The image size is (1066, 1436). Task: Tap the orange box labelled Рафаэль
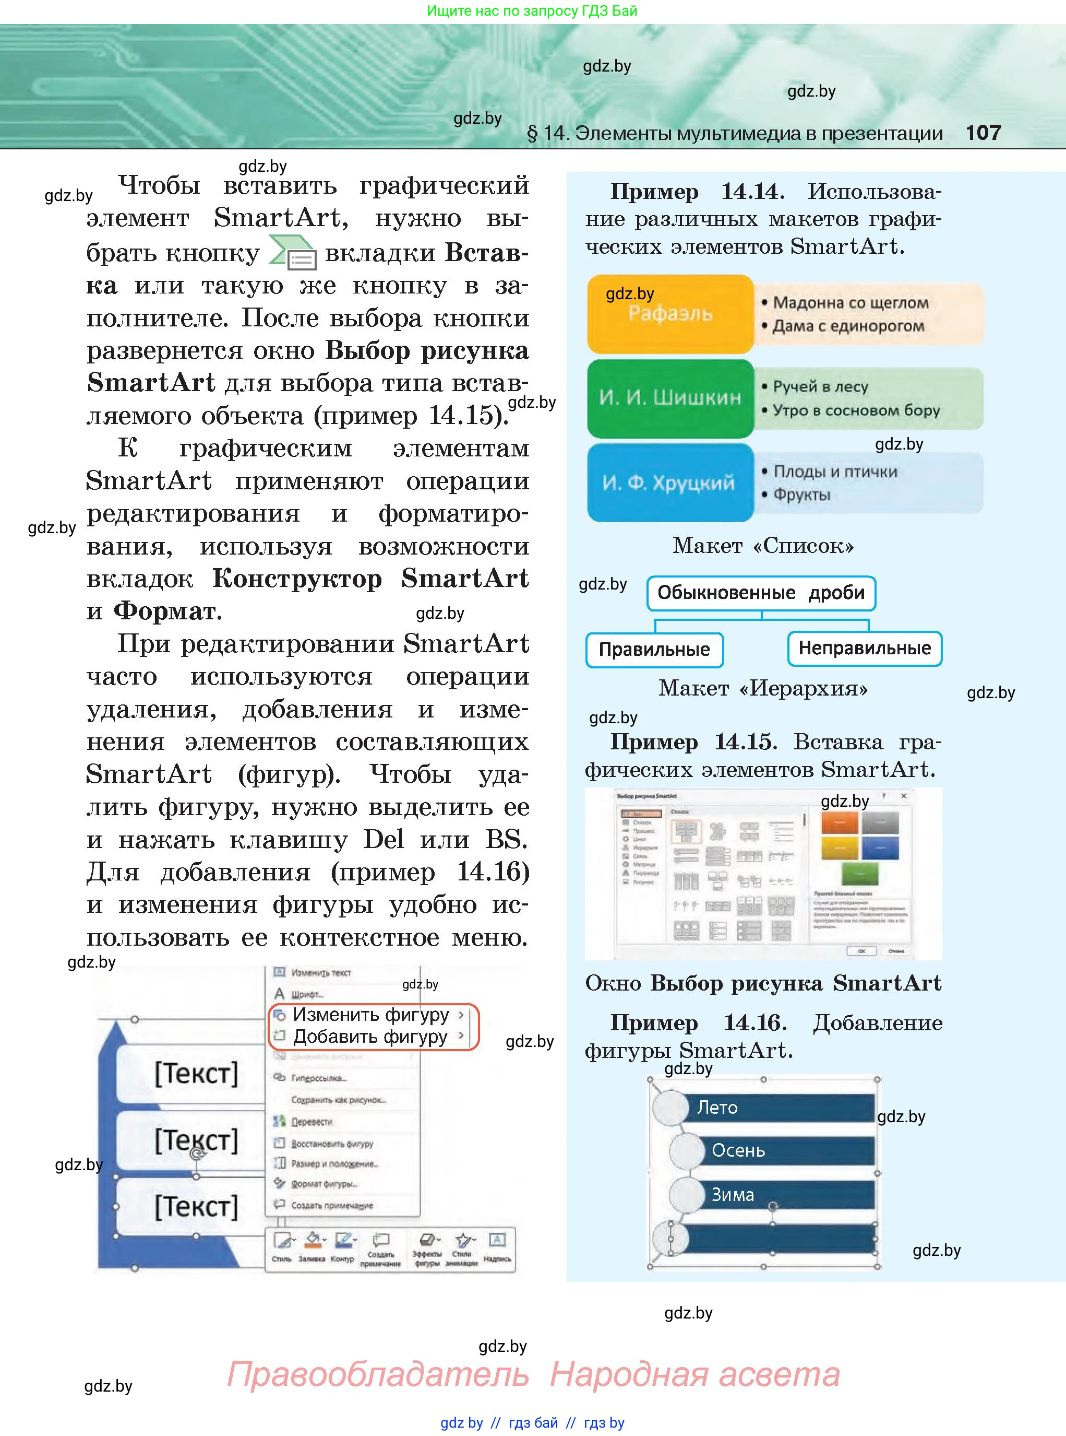(670, 314)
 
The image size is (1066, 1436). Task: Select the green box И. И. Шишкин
(670, 398)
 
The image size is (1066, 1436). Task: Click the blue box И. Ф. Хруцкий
(670, 482)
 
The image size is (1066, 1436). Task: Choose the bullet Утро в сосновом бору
(856, 410)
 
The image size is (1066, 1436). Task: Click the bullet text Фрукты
(801, 495)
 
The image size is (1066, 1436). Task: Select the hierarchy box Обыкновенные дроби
(761, 593)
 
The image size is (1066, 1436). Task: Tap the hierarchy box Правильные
(654, 649)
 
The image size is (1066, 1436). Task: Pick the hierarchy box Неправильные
(864, 648)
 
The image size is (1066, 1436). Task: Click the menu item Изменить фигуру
(370, 1015)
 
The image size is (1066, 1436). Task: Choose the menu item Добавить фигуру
(370, 1037)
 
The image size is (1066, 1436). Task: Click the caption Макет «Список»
(763, 546)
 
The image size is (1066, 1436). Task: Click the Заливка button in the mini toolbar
(313, 1246)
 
